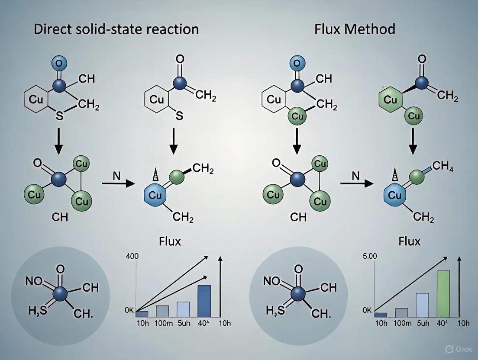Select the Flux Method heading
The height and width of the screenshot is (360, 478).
pos(355,29)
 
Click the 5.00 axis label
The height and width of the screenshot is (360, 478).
pos(369,256)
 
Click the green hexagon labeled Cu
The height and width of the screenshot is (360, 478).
pos(391,100)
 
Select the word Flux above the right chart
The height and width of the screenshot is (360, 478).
pos(409,241)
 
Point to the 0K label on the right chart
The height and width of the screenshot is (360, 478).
pos(367,310)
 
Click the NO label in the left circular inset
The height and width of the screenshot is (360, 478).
pos(34,282)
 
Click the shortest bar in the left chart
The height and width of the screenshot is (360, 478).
pos(142,314)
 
